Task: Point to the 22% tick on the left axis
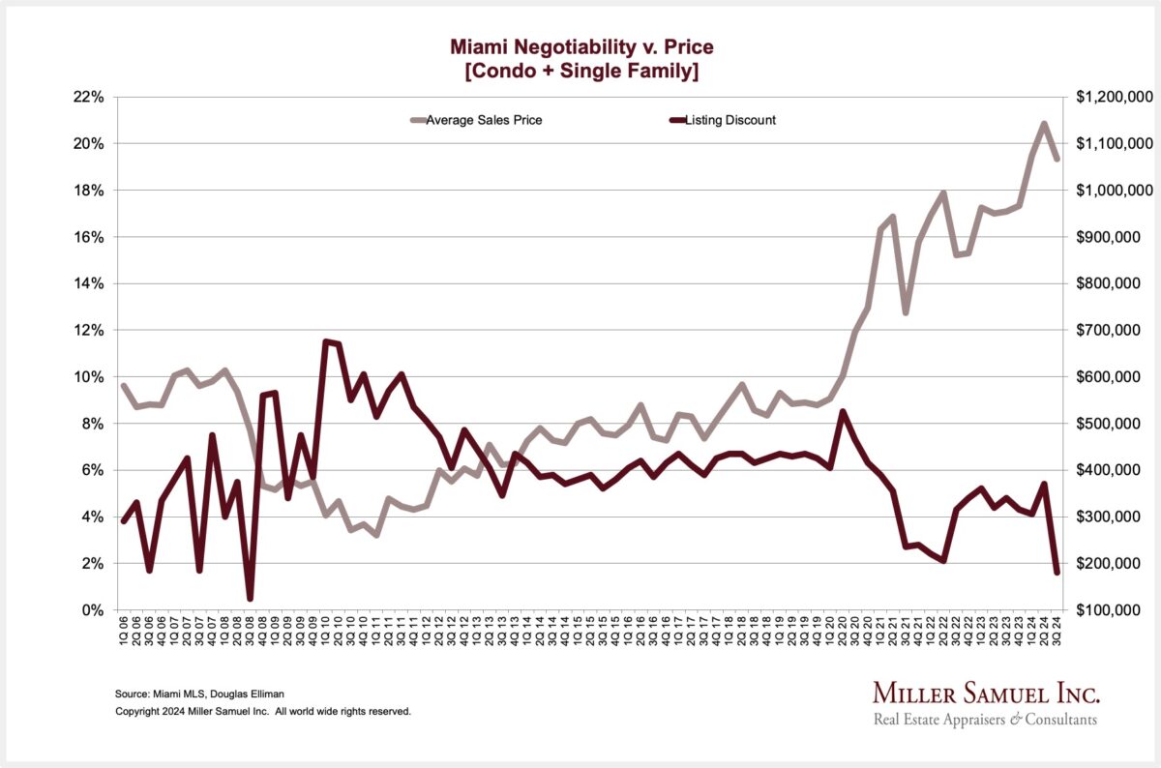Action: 88,97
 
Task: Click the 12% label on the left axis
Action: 88,330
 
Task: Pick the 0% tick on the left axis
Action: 92,610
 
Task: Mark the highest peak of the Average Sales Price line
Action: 1044,124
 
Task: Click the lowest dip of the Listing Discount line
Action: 250,599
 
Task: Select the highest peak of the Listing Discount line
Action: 325,341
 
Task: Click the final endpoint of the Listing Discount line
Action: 1057,573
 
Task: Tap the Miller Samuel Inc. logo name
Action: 986,694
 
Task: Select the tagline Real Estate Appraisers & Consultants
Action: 985,720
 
